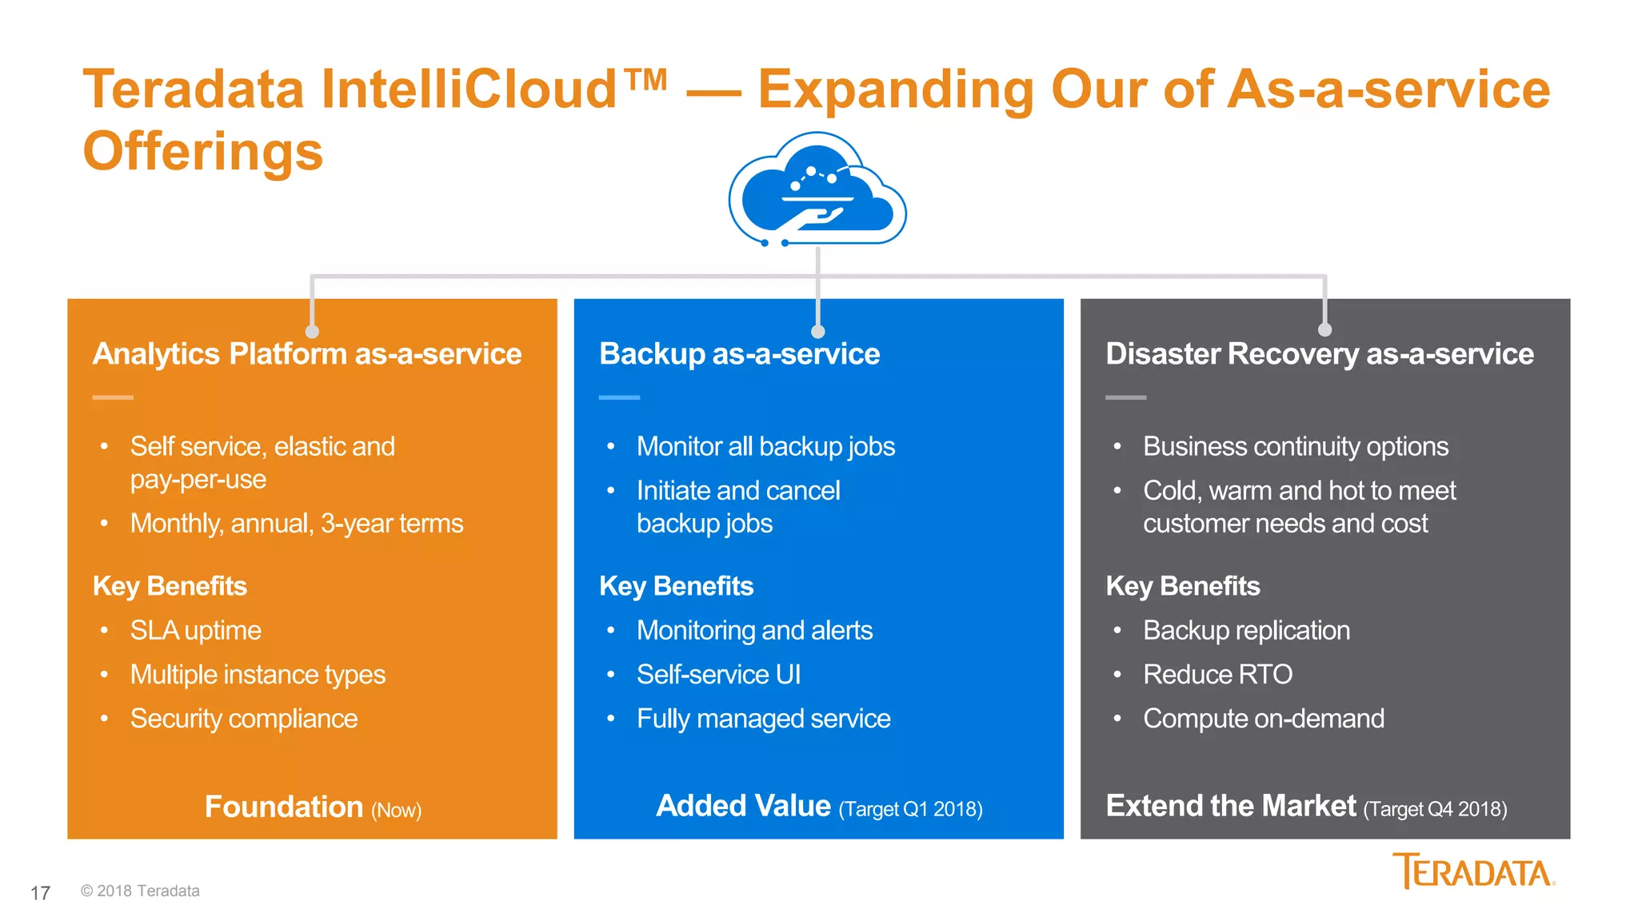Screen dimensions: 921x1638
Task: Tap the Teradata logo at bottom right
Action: click(x=1473, y=871)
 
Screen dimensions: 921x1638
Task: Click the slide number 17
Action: click(x=40, y=893)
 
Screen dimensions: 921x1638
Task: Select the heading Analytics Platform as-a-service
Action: click(x=307, y=354)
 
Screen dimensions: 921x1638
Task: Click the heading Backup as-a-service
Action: click(x=739, y=354)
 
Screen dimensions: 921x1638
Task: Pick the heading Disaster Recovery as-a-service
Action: click(x=1320, y=354)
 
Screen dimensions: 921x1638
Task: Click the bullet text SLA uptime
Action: click(x=196, y=631)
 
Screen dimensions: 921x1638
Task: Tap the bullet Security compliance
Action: click(x=244, y=719)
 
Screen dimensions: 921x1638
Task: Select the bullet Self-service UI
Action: click(x=718, y=675)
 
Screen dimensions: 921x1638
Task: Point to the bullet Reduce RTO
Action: click(x=1217, y=675)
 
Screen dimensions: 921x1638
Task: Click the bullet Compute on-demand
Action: click(x=1264, y=719)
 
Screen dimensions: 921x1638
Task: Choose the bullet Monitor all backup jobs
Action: click(x=765, y=447)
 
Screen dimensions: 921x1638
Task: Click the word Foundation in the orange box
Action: click(x=284, y=807)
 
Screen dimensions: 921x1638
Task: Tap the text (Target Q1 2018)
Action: click(x=910, y=809)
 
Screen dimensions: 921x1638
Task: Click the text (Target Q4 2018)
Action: click(x=1435, y=809)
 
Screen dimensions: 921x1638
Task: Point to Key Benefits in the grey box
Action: click(x=1183, y=586)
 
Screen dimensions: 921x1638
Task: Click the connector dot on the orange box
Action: click(x=312, y=331)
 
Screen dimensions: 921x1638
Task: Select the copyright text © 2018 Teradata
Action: click(x=140, y=891)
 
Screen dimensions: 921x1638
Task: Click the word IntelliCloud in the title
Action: click(x=469, y=89)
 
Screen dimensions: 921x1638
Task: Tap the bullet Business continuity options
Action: click(x=1296, y=447)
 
